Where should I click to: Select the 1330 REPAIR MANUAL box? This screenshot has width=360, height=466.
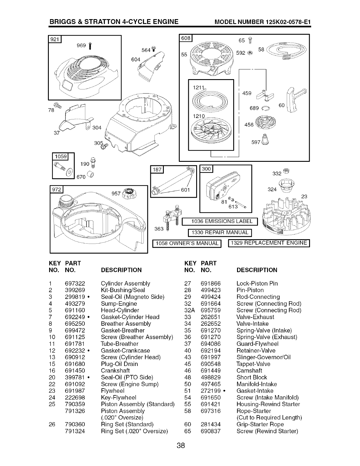click(x=220, y=232)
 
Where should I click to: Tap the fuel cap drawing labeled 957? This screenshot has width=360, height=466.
click(x=129, y=194)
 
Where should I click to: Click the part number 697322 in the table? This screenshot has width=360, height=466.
click(x=75, y=284)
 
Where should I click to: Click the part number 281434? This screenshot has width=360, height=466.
click(x=210, y=424)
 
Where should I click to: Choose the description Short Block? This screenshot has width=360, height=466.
click(x=251, y=377)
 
